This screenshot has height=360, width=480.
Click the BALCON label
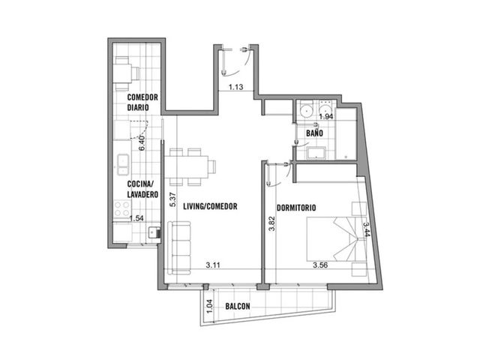238,306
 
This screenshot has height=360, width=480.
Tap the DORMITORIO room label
296,208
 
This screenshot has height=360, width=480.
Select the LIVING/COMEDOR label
210,206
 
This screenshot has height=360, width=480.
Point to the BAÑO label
314,133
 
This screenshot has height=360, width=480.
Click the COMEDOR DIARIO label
142,102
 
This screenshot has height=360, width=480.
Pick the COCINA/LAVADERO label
142,189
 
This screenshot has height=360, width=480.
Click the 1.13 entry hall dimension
236,87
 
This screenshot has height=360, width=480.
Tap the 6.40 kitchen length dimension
142,143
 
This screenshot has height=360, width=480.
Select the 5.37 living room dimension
173,199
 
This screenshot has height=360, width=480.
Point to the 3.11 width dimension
213,265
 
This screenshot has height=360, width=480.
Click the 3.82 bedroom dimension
271,223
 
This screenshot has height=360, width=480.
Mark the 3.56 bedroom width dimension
320,265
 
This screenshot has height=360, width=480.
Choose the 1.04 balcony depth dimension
209,306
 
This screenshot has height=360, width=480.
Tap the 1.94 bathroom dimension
326,117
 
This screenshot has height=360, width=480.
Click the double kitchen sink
123,164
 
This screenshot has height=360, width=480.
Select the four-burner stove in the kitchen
121,208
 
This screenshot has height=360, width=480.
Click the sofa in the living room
179,248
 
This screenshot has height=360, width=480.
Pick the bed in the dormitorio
335,239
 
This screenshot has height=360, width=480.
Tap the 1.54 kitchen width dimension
136,218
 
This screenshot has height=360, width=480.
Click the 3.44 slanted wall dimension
367,229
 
